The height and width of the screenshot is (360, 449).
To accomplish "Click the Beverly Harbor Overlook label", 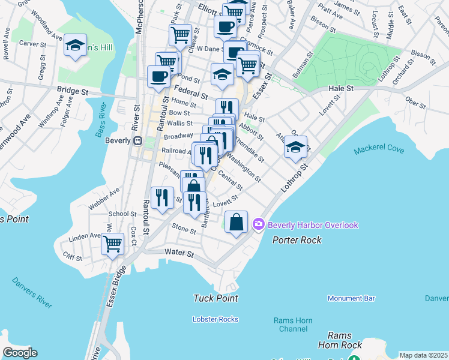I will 313,225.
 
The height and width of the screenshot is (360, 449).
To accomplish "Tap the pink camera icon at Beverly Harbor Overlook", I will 259,225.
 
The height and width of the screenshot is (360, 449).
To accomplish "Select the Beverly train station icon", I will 137,140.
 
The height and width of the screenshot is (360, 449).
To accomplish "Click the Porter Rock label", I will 297,240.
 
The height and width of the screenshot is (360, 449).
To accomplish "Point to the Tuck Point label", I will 216,298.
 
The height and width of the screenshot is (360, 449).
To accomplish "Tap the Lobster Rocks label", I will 215,319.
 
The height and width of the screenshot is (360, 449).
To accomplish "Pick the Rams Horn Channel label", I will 294,325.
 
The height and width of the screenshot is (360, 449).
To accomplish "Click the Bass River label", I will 101,120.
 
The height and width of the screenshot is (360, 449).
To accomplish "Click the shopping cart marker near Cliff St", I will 112,244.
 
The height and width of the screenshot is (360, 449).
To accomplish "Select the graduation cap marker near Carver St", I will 76,46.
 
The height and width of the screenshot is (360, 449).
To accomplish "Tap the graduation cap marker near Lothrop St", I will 295,147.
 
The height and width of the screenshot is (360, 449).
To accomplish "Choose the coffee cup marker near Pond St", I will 159,76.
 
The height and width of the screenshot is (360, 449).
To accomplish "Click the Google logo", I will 20,353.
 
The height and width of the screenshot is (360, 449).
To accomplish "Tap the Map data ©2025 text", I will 423,355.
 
